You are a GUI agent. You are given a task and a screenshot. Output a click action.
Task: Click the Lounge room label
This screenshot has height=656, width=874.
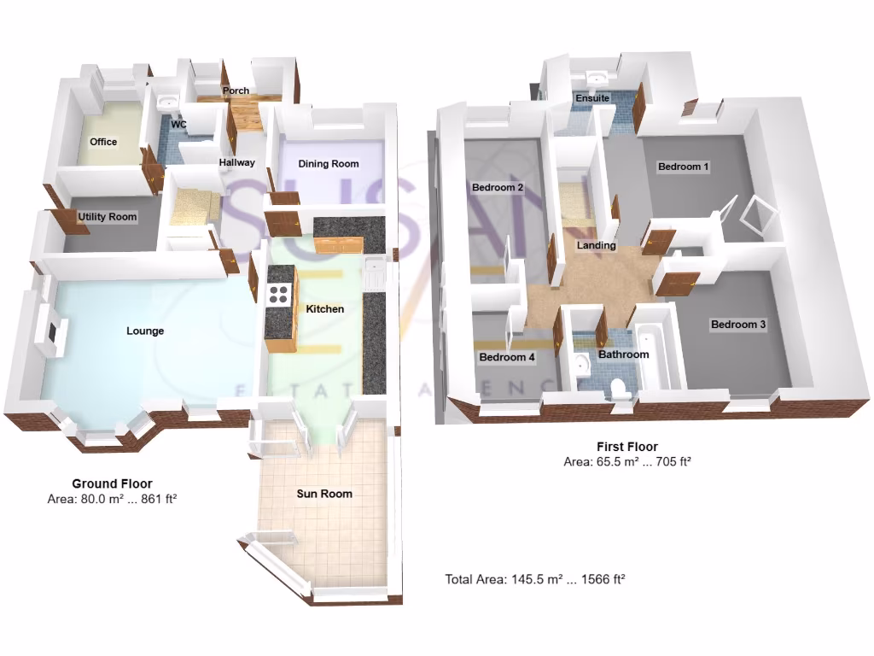(x=145, y=331)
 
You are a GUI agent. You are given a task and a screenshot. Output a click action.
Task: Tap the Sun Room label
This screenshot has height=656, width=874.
(x=324, y=494)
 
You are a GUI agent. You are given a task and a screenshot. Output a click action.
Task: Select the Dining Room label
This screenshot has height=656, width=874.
(x=329, y=163)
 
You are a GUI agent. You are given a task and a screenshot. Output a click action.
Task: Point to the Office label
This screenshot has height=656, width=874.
(x=103, y=142)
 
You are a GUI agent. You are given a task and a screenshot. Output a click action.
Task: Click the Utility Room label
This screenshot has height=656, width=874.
(x=108, y=217)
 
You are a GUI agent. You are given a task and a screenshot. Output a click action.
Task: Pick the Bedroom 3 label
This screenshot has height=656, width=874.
(x=738, y=325)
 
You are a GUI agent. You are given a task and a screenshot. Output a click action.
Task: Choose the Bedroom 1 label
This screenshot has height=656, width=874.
(x=684, y=167)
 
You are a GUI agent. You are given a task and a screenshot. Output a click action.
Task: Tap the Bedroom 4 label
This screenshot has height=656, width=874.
(x=507, y=358)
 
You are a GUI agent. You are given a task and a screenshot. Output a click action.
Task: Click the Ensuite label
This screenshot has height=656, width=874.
(x=592, y=98)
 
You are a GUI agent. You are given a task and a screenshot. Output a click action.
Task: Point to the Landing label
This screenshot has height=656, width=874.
(x=596, y=246)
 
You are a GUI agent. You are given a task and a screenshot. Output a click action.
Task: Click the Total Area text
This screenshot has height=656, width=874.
(x=535, y=579)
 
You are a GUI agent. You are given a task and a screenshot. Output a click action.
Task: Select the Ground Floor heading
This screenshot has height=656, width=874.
(x=112, y=483)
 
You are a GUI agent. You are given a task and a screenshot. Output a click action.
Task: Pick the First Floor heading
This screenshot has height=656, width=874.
(x=626, y=447)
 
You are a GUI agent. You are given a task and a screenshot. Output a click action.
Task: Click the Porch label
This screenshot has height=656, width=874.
(x=236, y=91)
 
